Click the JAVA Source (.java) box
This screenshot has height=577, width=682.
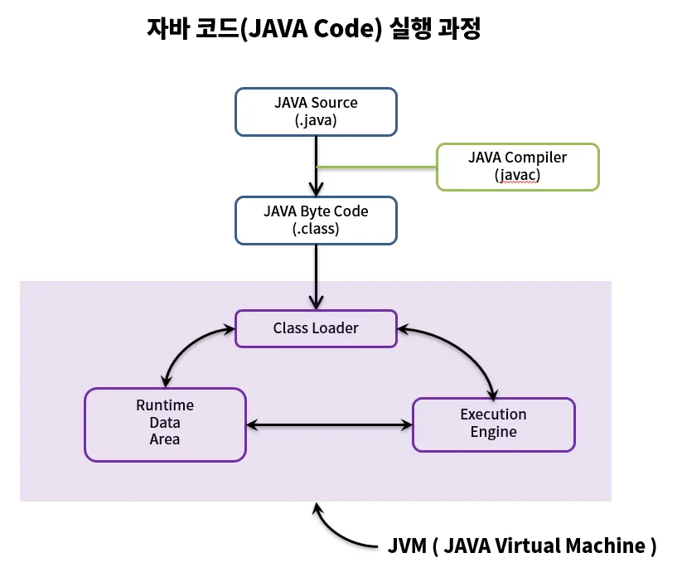point(316,111)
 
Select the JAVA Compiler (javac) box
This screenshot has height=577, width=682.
point(517,166)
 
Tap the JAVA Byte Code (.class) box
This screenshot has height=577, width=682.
point(316,220)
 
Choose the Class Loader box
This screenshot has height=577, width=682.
point(316,328)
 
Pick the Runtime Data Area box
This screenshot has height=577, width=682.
point(165,423)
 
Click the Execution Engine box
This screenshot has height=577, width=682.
point(493,423)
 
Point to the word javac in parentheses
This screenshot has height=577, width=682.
point(517,175)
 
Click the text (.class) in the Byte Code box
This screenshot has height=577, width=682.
point(316,229)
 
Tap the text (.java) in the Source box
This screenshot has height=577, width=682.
point(316,120)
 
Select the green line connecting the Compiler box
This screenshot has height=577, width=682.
point(377,167)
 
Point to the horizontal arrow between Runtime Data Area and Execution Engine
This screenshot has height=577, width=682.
point(329,424)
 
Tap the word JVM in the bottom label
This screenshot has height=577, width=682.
point(408,545)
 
